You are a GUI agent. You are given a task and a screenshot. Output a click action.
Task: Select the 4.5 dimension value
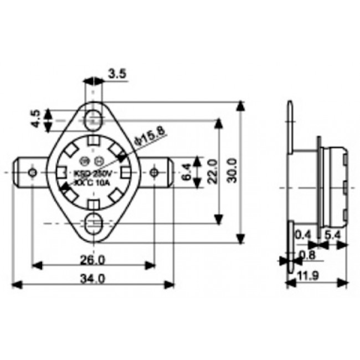(35, 119)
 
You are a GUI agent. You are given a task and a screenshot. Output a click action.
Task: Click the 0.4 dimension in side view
(303, 234)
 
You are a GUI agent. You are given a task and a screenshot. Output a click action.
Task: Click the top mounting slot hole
(94, 117)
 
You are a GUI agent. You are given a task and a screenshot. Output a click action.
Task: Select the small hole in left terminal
(33, 173)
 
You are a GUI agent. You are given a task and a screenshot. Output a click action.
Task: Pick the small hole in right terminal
(155, 173)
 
